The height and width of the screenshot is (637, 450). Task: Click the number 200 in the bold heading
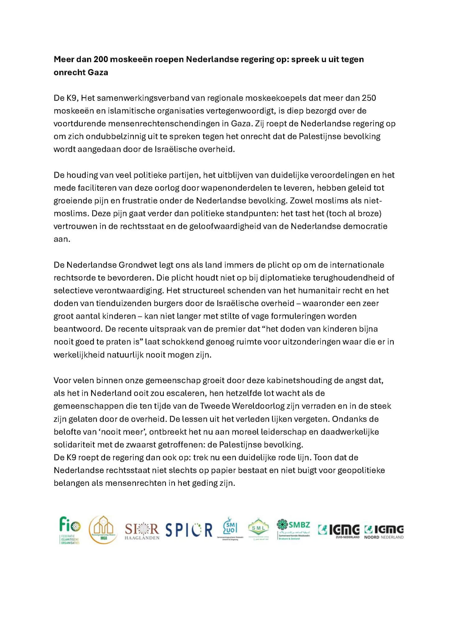click(100, 59)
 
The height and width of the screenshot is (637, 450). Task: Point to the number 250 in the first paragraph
click(369, 98)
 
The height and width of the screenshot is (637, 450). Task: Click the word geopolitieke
click(361, 470)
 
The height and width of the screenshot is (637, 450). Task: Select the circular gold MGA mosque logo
click(103, 529)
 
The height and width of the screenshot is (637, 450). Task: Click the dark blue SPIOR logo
click(189, 530)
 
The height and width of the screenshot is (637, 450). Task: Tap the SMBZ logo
click(293, 529)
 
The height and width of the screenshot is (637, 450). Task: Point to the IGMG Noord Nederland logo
click(384, 531)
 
